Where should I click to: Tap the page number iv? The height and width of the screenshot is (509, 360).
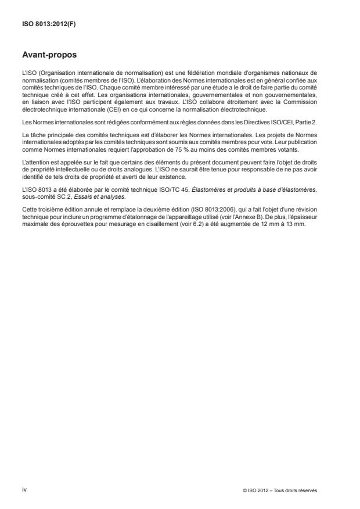(24, 489)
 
